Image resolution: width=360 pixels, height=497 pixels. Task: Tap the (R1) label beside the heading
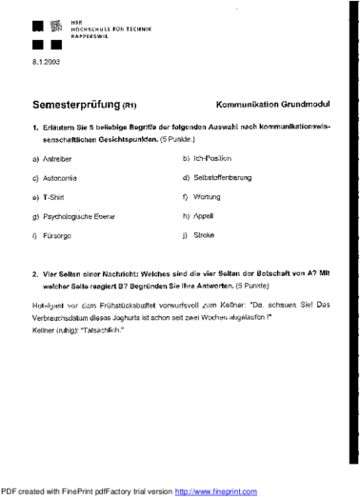click(x=130, y=107)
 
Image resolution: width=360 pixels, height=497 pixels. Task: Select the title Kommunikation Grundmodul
click(x=273, y=106)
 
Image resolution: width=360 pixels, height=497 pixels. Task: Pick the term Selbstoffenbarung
click(x=223, y=177)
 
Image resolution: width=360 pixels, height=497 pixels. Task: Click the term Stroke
click(x=204, y=234)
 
